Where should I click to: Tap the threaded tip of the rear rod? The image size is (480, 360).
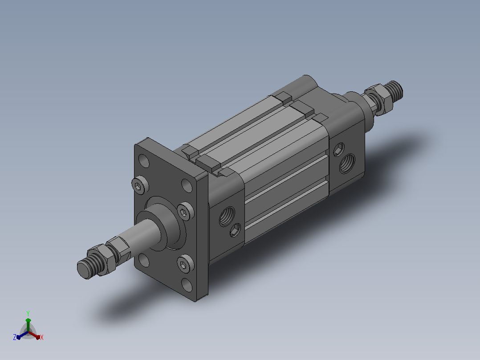(395, 91)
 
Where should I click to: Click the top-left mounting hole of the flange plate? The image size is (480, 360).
(144, 160)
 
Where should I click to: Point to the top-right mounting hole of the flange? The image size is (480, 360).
(187, 185)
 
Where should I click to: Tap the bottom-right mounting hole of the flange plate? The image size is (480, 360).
(187, 285)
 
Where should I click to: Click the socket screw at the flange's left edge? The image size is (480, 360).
(140, 185)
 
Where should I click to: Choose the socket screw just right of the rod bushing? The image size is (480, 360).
(185, 211)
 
